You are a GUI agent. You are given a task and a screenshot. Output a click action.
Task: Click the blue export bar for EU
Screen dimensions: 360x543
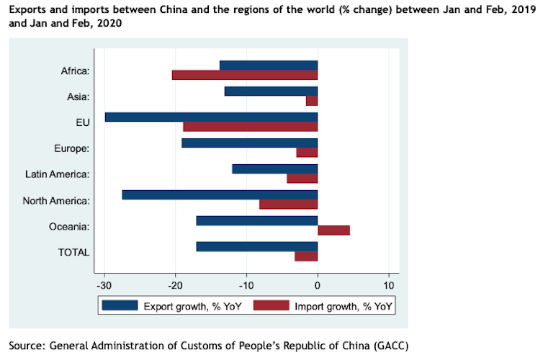point(211,117)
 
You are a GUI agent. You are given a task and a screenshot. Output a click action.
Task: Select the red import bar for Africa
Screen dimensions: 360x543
point(245,75)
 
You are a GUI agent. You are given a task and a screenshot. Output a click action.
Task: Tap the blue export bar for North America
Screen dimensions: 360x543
point(220,194)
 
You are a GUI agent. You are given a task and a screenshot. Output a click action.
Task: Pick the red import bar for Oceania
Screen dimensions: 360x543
point(333,230)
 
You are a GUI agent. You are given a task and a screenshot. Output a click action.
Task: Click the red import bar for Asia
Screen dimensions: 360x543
point(312,101)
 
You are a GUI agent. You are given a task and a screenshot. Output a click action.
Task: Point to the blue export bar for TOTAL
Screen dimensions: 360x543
point(256,246)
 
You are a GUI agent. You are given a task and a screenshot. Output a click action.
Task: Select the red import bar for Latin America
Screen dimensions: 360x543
point(302,179)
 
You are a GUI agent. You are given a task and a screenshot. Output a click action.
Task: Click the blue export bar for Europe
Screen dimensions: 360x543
point(249,143)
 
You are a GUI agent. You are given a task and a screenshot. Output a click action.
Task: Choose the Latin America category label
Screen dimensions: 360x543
point(57,174)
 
